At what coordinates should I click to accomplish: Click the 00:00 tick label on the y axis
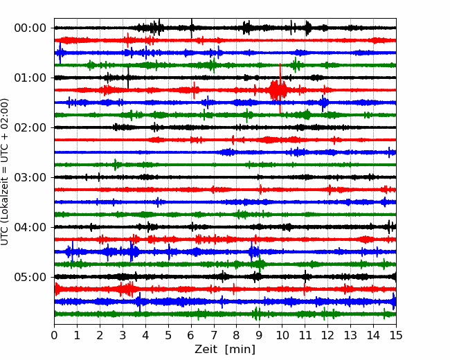(x=30, y=28)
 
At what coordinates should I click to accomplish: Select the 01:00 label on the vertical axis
(x=30, y=78)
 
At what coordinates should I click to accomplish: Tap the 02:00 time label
(x=30, y=127)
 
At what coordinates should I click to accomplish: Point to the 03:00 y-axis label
(x=30, y=177)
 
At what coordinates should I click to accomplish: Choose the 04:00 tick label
(x=30, y=227)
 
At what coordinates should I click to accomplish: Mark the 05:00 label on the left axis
(x=30, y=277)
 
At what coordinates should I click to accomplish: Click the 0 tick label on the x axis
(x=55, y=336)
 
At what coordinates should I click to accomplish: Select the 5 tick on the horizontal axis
(x=168, y=336)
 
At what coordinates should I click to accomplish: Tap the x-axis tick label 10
(x=282, y=336)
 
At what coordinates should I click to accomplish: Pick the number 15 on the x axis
(x=395, y=336)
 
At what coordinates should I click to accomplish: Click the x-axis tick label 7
(x=214, y=336)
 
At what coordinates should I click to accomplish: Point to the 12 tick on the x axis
(x=327, y=336)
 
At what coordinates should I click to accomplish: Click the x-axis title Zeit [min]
(x=225, y=350)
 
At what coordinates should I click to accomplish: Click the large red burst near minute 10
(x=278, y=89)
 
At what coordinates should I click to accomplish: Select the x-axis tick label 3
(x=123, y=336)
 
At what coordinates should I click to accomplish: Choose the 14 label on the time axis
(x=372, y=336)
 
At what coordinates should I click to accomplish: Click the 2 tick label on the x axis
(x=100, y=336)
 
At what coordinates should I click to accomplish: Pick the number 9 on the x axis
(x=259, y=336)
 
